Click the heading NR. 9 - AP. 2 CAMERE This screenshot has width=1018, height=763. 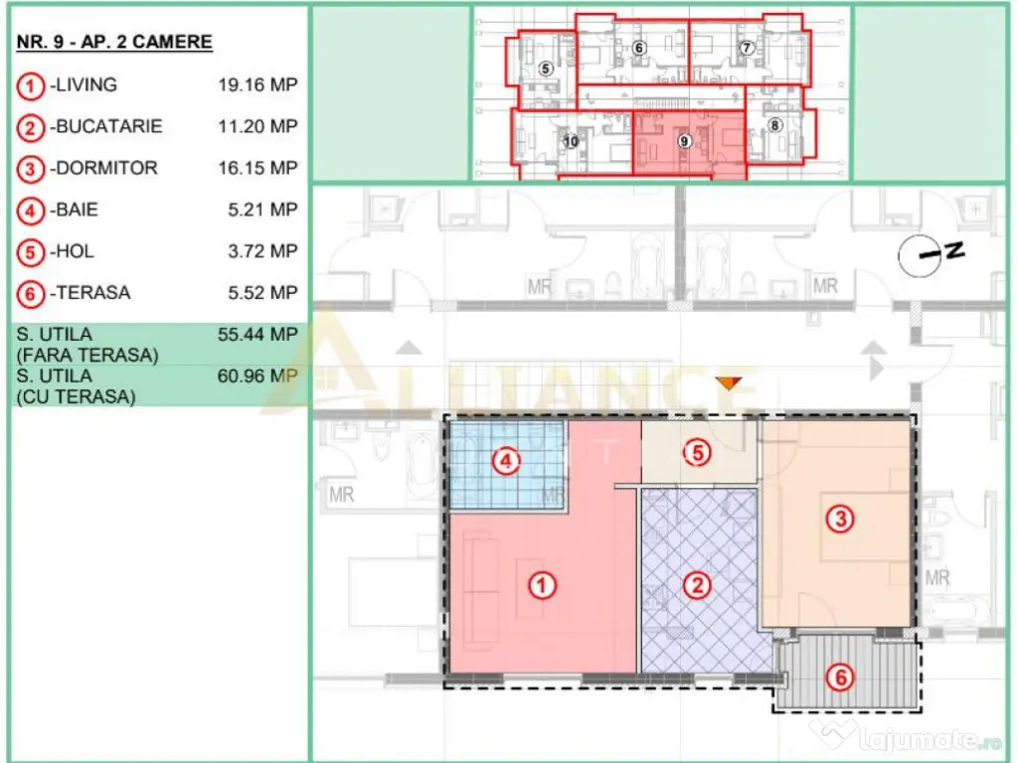114,42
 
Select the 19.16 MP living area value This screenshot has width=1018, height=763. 257,85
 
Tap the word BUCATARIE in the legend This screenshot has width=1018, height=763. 108,127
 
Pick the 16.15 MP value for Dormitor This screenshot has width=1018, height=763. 257,169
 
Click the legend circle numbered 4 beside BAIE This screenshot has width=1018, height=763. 31,211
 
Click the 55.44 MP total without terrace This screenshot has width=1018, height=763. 257,335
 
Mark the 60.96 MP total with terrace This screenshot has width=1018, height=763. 257,377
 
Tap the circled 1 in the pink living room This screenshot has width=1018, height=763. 541,586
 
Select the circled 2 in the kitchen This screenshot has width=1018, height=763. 698,585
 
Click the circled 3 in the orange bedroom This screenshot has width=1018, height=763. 841,519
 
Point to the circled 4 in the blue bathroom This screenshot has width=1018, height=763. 507,461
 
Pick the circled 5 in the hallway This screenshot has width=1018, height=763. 698,453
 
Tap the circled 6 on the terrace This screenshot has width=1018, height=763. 841,679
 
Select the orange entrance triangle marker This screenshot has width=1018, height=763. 731,382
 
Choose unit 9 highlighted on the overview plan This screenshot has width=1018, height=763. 685,141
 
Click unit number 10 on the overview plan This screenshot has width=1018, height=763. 571,141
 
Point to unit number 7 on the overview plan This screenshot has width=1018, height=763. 747,48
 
